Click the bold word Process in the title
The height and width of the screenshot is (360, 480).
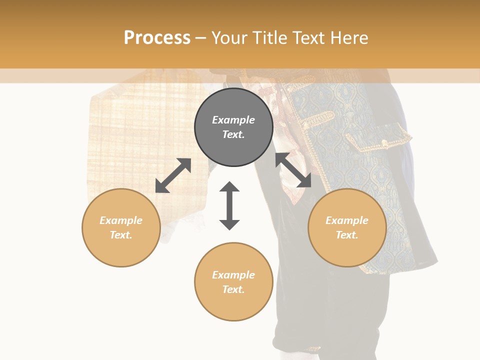tap(157, 38)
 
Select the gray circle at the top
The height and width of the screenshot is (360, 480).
tap(233, 127)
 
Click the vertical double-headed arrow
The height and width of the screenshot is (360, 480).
tap(229, 205)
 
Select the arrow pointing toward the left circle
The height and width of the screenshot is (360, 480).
tap(173, 175)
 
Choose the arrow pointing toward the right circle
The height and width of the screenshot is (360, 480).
tap(293, 170)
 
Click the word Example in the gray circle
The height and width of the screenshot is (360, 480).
tap(233, 120)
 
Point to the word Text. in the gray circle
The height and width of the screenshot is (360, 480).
tap(233, 134)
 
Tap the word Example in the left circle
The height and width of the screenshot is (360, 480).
tap(121, 220)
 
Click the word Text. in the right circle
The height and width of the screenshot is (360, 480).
tap(347, 235)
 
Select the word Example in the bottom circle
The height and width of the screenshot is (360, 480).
tap(233, 275)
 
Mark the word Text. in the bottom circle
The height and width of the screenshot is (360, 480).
tap(233, 289)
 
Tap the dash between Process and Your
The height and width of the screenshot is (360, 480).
tap(201, 38)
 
